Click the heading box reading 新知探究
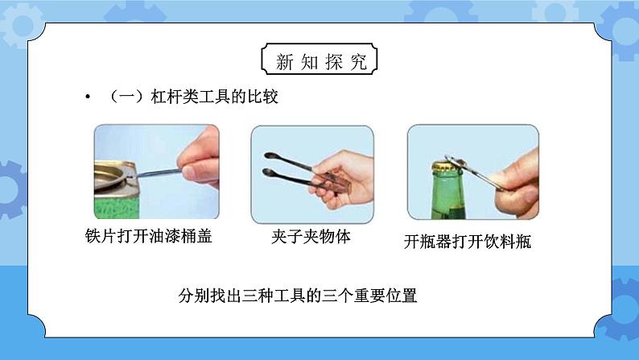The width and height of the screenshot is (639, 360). coord(319,59)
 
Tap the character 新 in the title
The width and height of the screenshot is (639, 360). coord(284,62)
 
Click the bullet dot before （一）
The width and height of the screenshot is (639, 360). coord(88,97)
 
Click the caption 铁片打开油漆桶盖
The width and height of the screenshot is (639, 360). coord(149,236)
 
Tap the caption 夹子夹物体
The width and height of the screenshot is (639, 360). coord(311,237)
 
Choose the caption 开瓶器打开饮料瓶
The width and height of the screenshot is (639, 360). coord(468,242)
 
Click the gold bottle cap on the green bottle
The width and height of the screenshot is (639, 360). coord(447,167)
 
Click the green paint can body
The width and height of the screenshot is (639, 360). coord(117,204)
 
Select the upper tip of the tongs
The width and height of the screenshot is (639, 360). coord(270,155)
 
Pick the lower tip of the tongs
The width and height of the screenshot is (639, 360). coord(268,172)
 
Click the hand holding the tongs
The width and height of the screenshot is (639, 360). coord(343,180)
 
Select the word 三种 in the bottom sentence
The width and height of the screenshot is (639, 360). coord(258,296)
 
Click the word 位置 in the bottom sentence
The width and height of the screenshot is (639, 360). coord(402,296)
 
